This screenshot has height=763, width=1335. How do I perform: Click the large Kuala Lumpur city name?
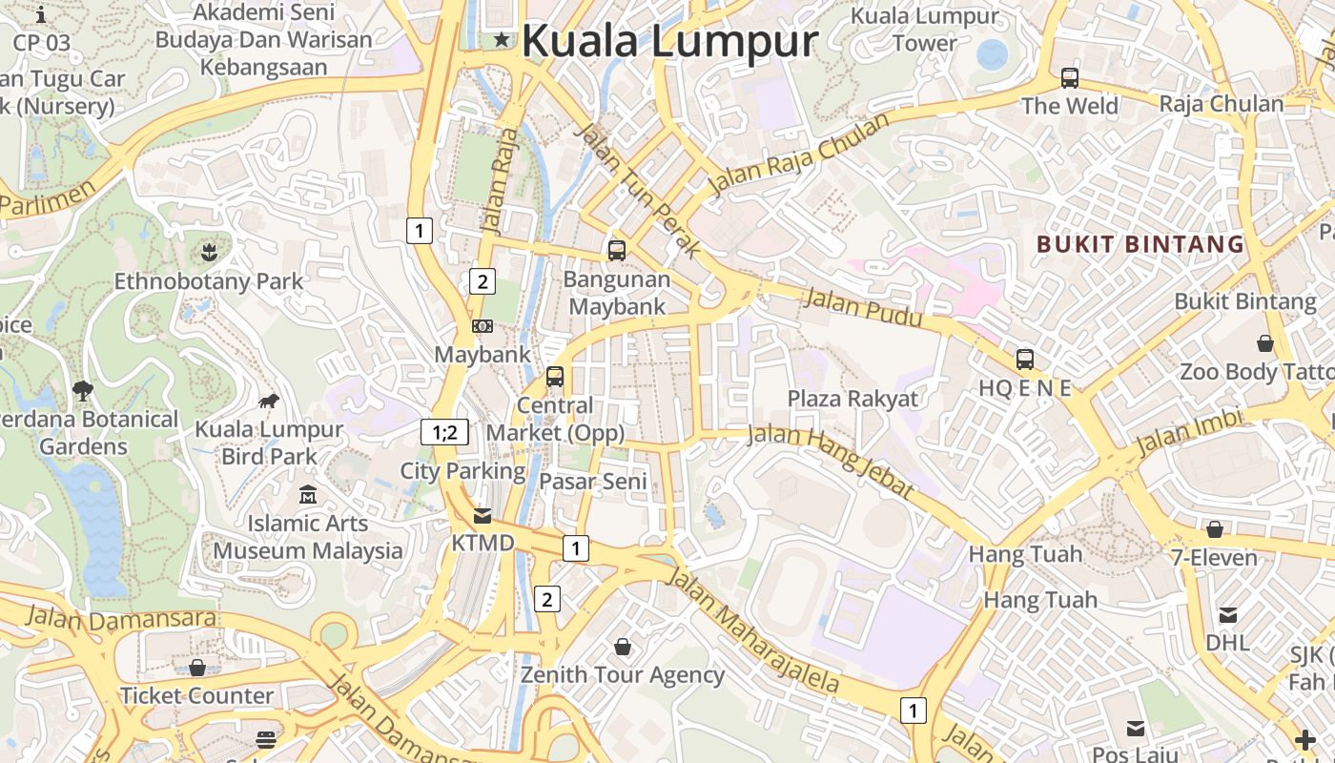(669, 41)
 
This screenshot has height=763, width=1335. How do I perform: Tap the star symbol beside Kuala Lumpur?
(502, 39)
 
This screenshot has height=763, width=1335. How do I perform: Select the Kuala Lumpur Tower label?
(924, 30)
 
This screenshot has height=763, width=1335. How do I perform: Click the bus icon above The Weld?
(1070, 78)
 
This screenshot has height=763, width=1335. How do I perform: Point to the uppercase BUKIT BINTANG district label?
(1140, 244)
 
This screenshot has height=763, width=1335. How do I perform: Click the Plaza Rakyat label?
(852, 399)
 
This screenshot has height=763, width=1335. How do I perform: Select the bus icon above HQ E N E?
(1025, 360)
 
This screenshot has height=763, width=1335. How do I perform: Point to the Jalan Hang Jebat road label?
(830, 461)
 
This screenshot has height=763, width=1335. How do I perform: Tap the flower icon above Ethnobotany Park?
(209, 252)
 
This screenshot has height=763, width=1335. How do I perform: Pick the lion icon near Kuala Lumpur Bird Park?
(269, 401)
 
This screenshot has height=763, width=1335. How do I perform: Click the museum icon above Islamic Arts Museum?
(307, 495)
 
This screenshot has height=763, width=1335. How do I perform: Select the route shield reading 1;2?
(444, 432)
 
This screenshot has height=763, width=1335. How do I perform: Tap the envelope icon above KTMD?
(483, 516)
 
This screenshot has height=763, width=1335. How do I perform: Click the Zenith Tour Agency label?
(622, 675)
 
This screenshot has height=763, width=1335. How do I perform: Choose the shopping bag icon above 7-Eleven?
(1215, 528)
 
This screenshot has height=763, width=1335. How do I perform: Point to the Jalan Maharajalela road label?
(752, 629)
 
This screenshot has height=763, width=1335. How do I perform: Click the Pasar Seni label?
(593, 482)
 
